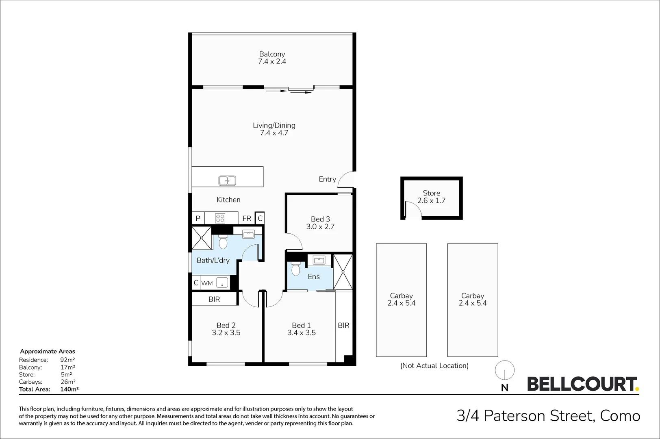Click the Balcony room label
(x=272, y=54)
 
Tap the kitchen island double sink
(x=227, y=180)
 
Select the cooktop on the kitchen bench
(x=220, y=218)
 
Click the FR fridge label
(x=247, y=218)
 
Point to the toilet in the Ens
(x=295, y=269)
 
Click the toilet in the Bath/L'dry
(x=223, y=243)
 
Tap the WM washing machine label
(x=207, y=283)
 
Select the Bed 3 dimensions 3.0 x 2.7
(x=320, y=227)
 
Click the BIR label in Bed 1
(x=343, y=325)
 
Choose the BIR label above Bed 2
(x=214, y=299)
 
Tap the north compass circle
(x=504, y=371)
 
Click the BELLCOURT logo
(x=582, y=384)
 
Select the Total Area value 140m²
(x=69, y=389)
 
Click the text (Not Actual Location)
(x=434, y=365)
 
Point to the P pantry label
(x=198, y=218)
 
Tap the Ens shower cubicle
(x=343, y=272)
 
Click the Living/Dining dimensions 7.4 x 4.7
(x=274, y=133)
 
